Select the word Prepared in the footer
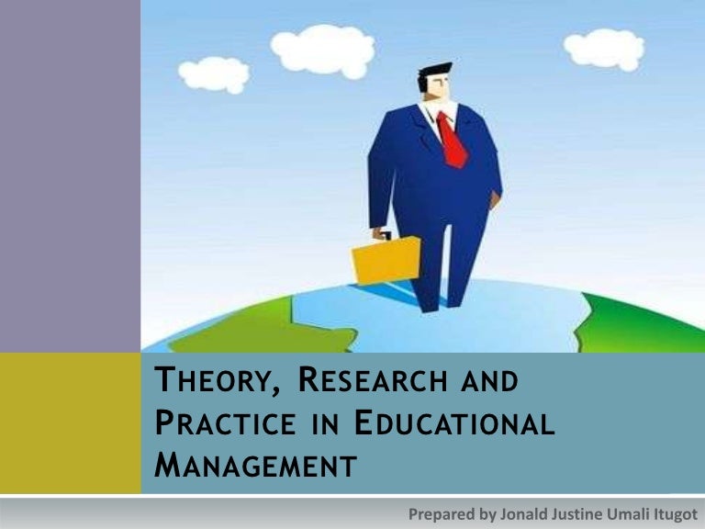436,512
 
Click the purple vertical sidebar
71,174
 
